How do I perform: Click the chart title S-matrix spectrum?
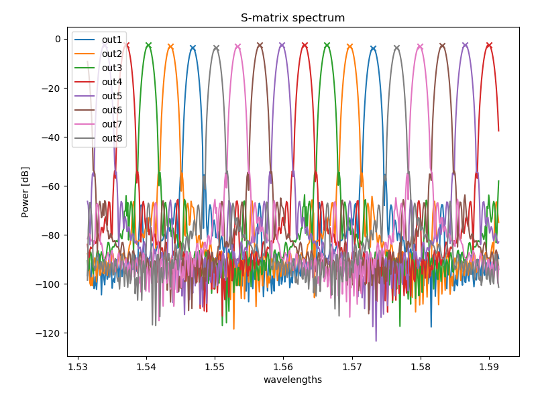point(292,18)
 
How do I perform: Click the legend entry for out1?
point(111,40)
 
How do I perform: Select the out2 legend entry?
point(111,54)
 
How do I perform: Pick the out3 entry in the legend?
point(111,68)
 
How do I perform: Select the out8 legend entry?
point(111,139)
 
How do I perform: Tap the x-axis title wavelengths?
point(292,380)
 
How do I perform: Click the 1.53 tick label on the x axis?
point(78,366)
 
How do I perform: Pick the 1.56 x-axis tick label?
point(283,366)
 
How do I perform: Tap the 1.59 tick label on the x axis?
point(488,366)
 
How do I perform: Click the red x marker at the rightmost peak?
point(489,45)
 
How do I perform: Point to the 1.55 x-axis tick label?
point(215,366)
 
